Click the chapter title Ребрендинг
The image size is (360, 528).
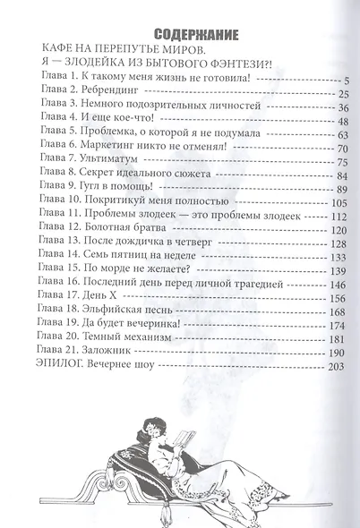coord(105,95)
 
